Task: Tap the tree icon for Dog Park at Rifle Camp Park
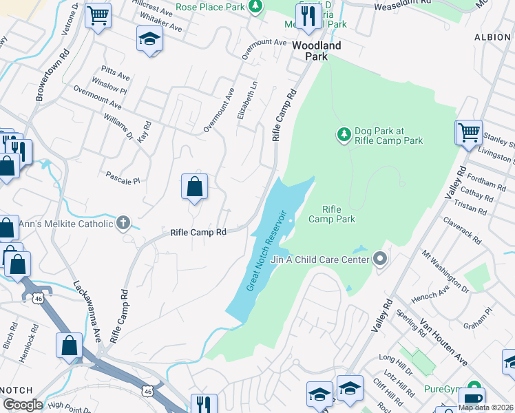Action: [x=344, y=133]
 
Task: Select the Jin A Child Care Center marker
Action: [x=380, y=260]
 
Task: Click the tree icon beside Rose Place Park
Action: [x=255, y=7]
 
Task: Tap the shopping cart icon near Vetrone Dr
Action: [x=98, y=14]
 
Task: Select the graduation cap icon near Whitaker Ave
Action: [x=149, y=39]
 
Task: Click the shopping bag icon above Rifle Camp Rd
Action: [x=195, y=186]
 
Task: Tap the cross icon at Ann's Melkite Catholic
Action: [x=123, y=222]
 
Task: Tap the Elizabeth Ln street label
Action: [x=248, y=100]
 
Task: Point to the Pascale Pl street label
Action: [x=123, y=179]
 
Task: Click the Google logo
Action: [x=23, y=405]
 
